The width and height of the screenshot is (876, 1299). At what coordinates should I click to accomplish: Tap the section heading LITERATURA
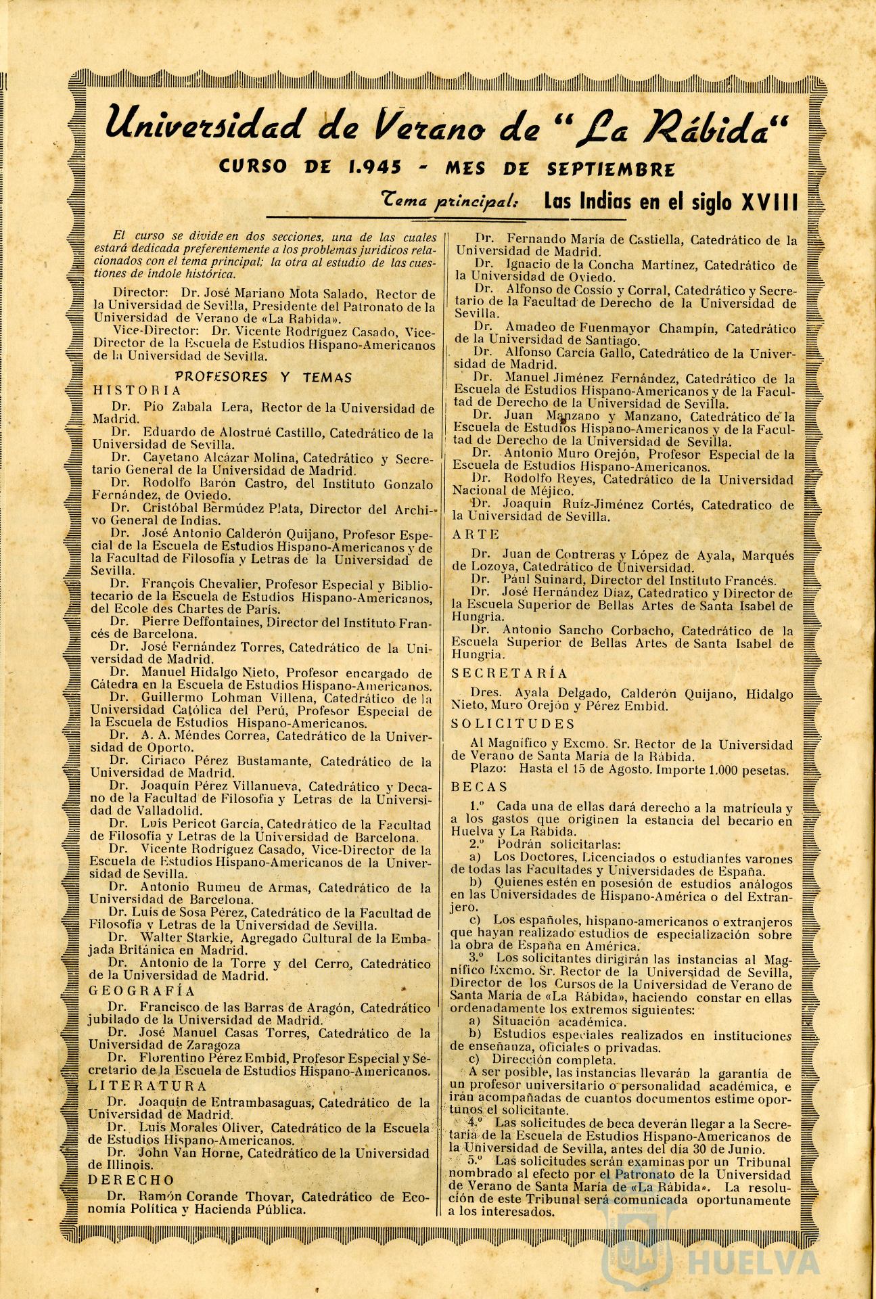[148, 1085]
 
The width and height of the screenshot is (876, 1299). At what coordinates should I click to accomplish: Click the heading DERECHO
[132, 1179]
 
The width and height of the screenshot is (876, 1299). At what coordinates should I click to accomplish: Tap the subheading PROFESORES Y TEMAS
[264, 377]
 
